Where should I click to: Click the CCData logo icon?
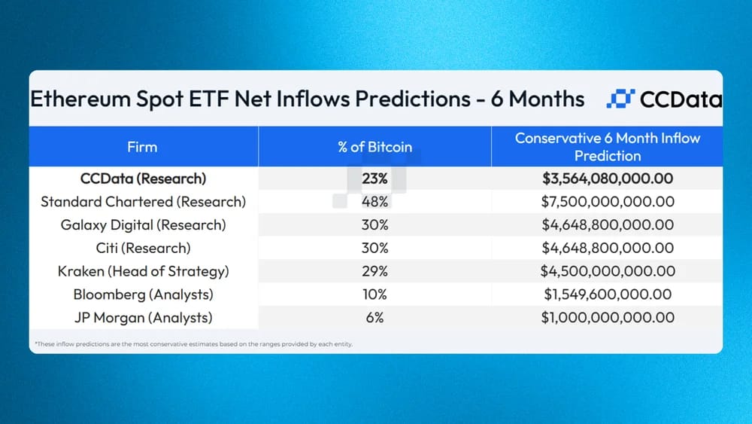coord(620,99)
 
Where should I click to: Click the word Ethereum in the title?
coord(80,99)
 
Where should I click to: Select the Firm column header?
coord(142,147)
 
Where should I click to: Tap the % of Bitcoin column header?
coord(374,147)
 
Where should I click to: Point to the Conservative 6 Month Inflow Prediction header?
coord(608,147)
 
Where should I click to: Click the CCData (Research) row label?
coord(143,178)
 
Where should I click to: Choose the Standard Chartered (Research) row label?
coord(143,202)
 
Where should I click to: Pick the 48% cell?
coord(374,202)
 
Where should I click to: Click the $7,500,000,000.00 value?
coord(608,202)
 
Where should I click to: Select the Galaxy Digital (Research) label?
coord(143,225)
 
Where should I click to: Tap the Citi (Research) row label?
coord(143,249)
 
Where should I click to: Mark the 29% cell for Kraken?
coord(374,271)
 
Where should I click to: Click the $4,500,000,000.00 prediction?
coord(608,271)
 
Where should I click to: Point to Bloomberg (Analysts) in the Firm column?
coord(143,294)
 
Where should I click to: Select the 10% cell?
coord(374,294)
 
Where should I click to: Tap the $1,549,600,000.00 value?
coord(608,294)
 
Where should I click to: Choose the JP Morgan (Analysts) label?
coord(143,318)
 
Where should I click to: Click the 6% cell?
coord(374,318)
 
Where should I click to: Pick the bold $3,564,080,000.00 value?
coord(608,178)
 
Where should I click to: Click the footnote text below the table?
coord(194,344)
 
